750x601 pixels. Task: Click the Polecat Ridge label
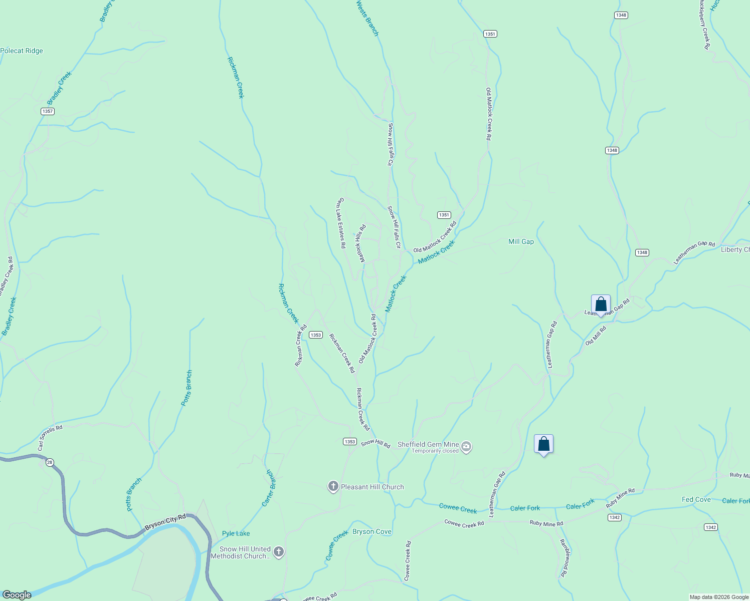point(22,51)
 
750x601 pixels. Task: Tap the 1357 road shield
point(48,111)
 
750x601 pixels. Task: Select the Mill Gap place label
point(521,241)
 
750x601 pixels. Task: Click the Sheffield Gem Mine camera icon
point(466,447)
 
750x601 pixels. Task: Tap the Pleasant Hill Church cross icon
point(333,487)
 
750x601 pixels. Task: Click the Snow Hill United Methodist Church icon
point(279,552)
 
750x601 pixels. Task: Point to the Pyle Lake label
point(236,533)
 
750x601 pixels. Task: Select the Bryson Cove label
point(371,531)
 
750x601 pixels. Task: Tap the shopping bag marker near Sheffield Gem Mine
point(543,444)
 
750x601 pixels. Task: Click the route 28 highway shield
point(49,462)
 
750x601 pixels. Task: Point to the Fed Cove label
point(696,499)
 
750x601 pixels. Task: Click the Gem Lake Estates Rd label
point(341,223)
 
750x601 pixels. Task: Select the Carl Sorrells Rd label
point(50,437)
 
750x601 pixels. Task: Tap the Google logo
point(17,595)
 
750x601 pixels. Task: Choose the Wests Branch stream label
point(367,18)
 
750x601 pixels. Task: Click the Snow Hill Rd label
point(376,443)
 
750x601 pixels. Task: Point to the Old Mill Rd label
point(596,336)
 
